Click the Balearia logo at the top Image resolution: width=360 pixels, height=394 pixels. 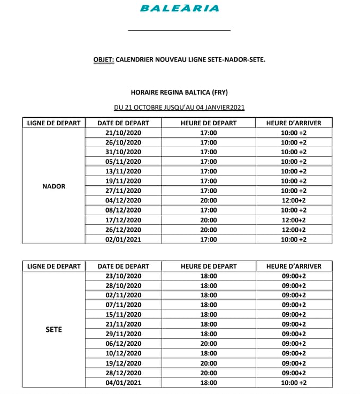pos(179,8)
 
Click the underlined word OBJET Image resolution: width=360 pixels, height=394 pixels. pos(103,59)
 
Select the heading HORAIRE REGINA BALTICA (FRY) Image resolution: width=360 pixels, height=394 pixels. pos(179,92)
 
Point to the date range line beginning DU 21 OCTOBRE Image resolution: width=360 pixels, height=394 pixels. pos(179,107)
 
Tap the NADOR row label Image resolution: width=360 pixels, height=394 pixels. pos(53,186)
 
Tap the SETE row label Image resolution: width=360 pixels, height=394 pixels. pos(53,329)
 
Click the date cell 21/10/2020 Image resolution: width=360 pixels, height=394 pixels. pos(123,133)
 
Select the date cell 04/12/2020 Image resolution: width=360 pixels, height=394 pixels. pos(123,201)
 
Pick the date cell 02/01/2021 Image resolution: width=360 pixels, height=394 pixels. pos(123,239)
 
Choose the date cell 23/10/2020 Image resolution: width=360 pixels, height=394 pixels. pos(123,276)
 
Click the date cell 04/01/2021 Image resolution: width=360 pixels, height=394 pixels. pos(123,383)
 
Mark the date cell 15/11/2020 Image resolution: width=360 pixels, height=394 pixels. pos(123,315)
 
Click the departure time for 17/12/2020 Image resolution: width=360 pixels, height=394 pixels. pos(209,220)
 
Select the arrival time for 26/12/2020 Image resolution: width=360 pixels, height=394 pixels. pos(294,230)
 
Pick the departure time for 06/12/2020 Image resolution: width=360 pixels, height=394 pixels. pos(209,344)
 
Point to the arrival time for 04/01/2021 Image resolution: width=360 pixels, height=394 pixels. pos(294,383)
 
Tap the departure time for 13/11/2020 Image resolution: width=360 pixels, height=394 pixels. pos(209,171)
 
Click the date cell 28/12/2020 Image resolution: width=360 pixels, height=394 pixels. pos(123,373)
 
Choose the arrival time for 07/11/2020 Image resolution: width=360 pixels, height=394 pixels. pos(294,305)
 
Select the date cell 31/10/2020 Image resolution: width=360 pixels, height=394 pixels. pos(123,152)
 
